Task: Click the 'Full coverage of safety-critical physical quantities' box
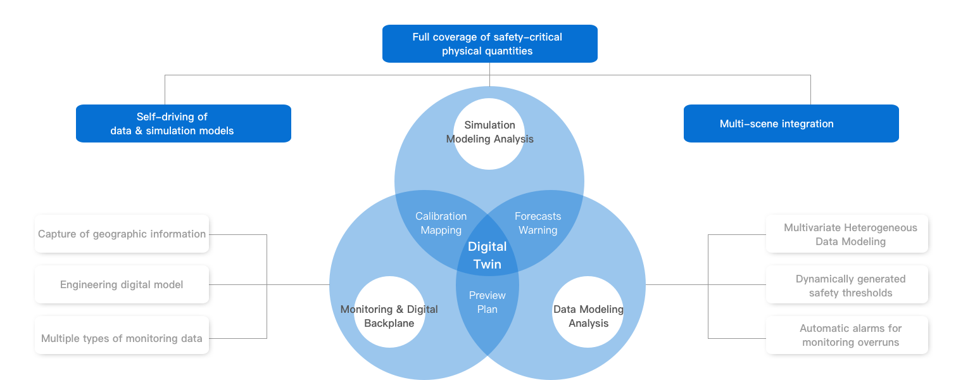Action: click(489, 44)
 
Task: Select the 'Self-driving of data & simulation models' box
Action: click(184, 123)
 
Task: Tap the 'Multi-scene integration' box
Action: click(791, 123)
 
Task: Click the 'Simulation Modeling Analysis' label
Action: click(489, 132)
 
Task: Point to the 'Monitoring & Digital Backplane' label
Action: click(389, 316)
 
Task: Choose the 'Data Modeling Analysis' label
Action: click(588, 316)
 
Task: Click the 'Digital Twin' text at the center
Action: click(487, 255)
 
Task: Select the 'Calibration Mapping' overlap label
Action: click(441, 224)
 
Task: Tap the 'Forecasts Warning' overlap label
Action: click(538, 224)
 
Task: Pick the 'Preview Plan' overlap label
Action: click(487, 302)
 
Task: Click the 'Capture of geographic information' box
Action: click(122, 234)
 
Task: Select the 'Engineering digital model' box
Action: click(122, 284)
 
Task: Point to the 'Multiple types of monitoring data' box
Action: click(122, 338)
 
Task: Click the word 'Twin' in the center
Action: click(487, 264)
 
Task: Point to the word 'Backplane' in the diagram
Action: click(389, 323)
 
